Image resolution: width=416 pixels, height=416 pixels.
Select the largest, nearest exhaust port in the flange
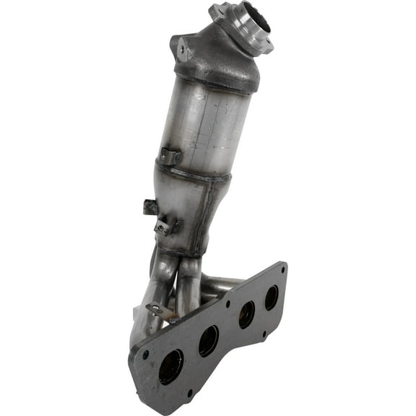(x=171, y=366)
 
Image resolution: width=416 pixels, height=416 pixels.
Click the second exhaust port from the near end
(x=209, y=339)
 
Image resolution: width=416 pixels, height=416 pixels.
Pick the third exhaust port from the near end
(x=246, y=313)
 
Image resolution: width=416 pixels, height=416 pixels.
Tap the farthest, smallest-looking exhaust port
(x=272, y=297)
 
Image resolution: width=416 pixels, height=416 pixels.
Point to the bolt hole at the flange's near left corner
(x=145, y=355)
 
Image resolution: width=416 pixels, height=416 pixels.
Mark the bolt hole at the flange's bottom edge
(x=189, y=392)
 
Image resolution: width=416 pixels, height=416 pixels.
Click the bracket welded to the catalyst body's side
(x=170, y=155)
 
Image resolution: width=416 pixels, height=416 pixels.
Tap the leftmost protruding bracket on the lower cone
(x=150, y=207)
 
